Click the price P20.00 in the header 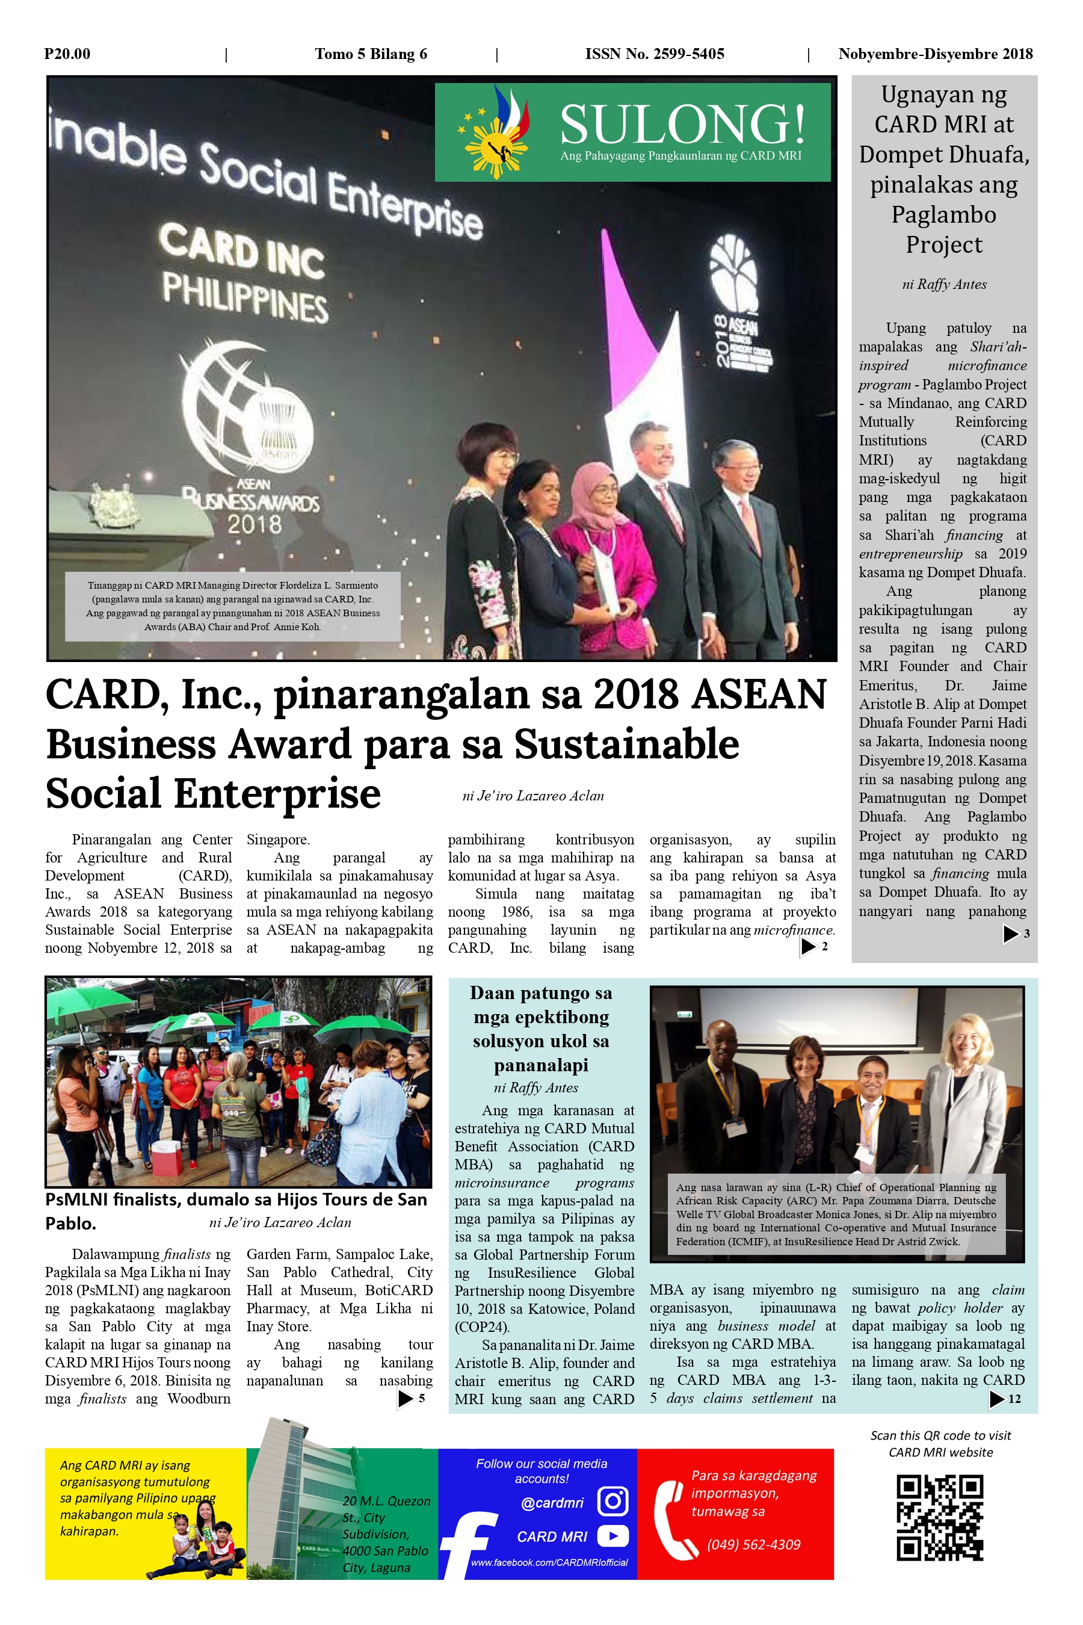pyautogui.click(x=67, y=54)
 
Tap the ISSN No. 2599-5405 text pyautogui.click(x=654, y=54)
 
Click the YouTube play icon pyautogui.click(x=612, y=1536)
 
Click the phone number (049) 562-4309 pyautogui.click(x=753, y=1545)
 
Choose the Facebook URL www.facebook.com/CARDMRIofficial pyautogui.click(x=549, y=1562)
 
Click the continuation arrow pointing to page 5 pyautogui.click(x=406, y=1399)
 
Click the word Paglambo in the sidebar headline pyautogui.click(x=943, y=215)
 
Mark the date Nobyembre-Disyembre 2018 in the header pyautogui.click(x=935, y=54)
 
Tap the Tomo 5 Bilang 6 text pyautogui.click(x=371, y=54)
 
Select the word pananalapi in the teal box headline pyautogui.click(x=541, y=1065)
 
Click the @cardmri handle pyautogui.click(x=552, y=1503)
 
